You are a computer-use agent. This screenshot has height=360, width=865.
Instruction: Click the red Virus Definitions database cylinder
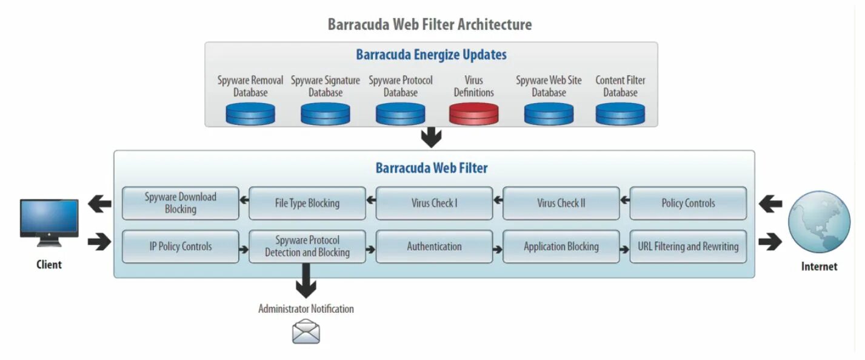[x=473, y=113]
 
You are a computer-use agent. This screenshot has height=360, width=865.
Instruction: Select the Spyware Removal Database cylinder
[x=250, y=113]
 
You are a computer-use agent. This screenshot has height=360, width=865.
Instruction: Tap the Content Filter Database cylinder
[x=620, y=113]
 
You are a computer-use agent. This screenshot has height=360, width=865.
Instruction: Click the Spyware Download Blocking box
[x=180, y=203]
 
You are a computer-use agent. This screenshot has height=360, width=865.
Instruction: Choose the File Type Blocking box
[x=307, y=203]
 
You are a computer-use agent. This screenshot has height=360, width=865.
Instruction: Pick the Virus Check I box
[x=434, y=203]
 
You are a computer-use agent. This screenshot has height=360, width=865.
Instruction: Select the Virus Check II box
[x=561, y=203]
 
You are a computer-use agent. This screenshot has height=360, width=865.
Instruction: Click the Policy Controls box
[x=688, y=203]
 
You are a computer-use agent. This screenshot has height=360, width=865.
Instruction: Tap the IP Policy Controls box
[x=180, y=247]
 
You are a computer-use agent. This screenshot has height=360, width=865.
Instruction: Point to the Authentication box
[x=434, y=247]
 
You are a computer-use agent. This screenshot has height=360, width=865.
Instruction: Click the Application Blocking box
[x=561, y=247]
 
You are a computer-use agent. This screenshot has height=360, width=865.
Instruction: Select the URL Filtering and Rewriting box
[x=688, y=247]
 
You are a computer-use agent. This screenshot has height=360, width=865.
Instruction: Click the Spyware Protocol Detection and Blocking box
[x=307, y=247]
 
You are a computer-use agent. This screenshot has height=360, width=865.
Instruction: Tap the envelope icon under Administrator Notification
[x=306, y=332]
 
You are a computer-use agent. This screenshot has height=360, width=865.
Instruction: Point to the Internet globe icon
[x=819, y=222]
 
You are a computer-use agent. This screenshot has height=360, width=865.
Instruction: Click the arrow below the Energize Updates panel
[x=431, y=138]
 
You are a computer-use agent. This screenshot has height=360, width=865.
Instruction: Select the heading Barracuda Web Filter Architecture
[x=430, y=25]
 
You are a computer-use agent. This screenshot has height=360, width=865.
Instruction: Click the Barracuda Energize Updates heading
[x=431, y=55]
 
